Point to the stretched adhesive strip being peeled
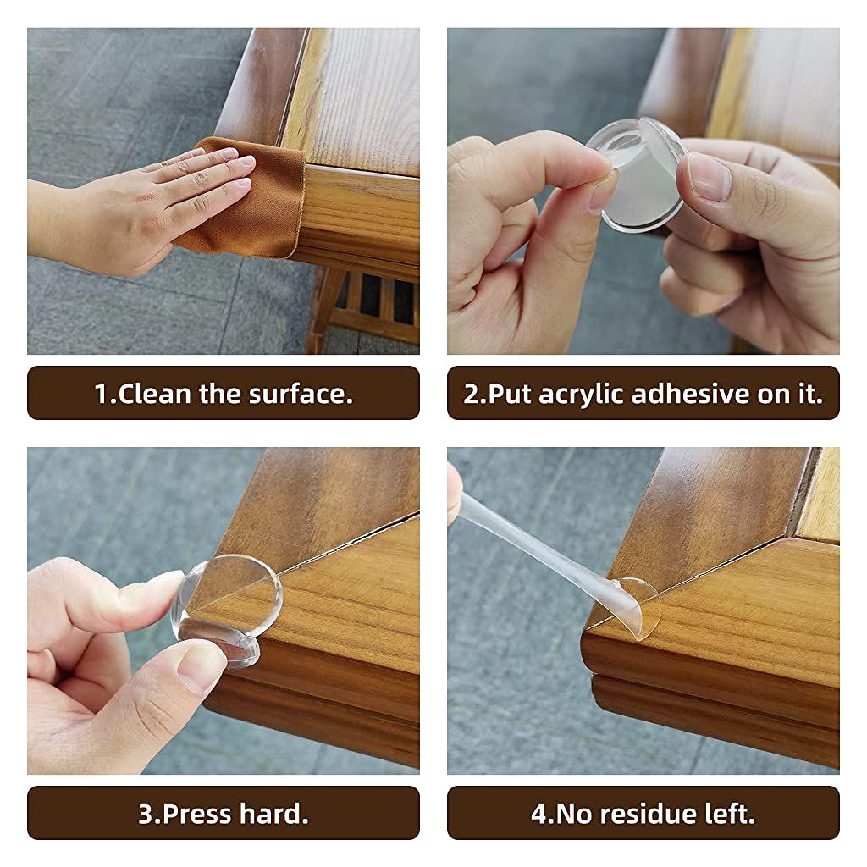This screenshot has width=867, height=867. pyautogui.click(x=542, y=542)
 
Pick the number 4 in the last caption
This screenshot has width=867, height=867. pyautogui.click(x=539, y=814)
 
